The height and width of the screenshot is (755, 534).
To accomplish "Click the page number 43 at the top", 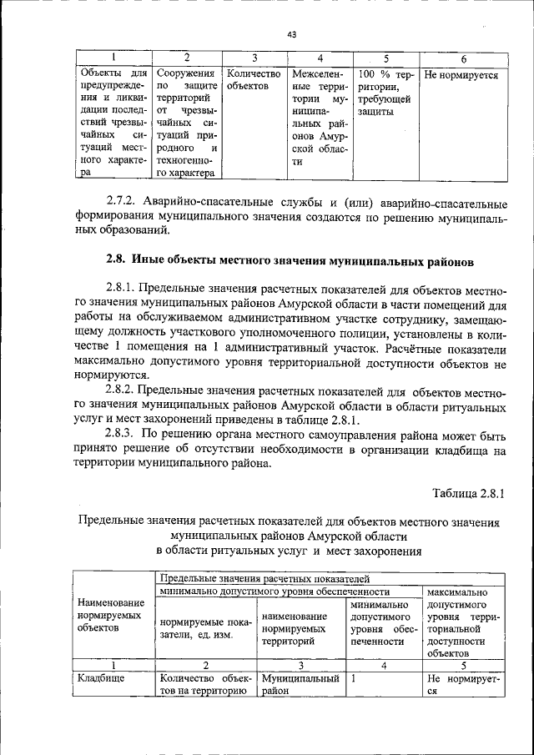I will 291,34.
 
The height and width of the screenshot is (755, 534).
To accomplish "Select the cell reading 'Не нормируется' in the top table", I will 461,74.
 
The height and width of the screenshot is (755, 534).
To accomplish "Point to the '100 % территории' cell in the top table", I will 384,93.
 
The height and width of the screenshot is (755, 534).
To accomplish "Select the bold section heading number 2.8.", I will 116,261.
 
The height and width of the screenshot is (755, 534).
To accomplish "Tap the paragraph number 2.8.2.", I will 125,390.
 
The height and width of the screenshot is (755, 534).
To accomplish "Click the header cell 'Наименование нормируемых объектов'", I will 110,614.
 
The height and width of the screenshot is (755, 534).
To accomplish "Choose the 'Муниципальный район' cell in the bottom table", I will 299,686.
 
